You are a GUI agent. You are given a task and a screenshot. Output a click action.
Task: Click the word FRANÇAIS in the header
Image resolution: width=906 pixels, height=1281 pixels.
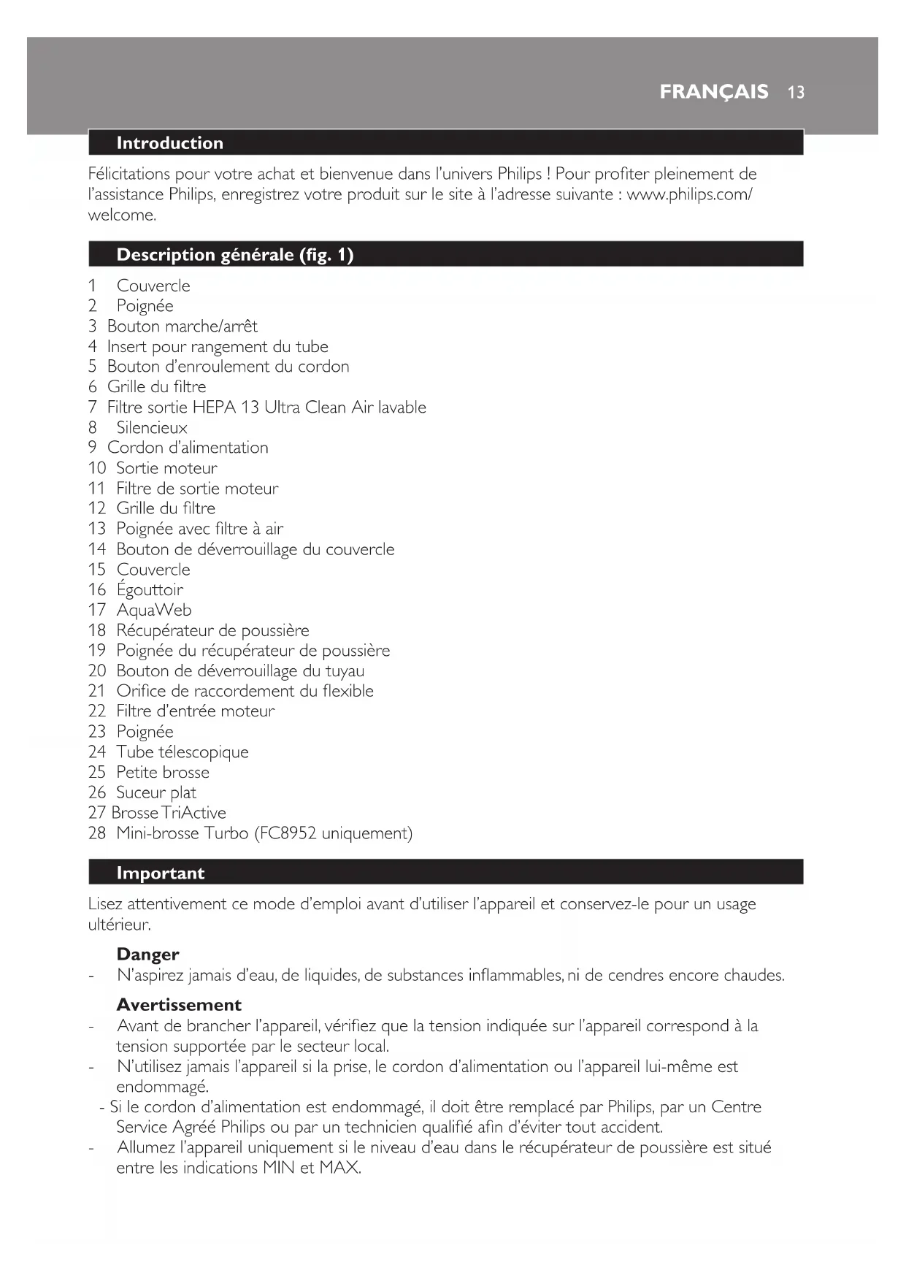point(713,91)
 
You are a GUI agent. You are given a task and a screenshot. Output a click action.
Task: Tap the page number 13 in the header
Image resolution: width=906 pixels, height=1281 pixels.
point(796,92)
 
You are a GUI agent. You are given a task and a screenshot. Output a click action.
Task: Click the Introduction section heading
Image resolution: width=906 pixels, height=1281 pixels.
point(169,143)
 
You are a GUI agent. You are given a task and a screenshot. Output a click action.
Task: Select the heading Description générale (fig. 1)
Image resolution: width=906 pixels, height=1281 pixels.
point(234,255)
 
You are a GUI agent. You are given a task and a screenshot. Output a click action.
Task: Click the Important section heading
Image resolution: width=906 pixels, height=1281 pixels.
point(160,873)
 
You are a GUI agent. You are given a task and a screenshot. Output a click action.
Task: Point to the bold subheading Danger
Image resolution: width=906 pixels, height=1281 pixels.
point(147,955)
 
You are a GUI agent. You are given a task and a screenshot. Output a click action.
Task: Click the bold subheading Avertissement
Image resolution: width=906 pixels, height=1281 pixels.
point(179,1005)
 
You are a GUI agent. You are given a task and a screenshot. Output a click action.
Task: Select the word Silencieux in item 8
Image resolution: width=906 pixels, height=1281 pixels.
point(152,428)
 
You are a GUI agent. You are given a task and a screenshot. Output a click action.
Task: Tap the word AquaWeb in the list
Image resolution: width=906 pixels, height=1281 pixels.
point(154,610)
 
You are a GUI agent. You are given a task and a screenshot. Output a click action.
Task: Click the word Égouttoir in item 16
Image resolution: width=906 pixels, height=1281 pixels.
point(150,589)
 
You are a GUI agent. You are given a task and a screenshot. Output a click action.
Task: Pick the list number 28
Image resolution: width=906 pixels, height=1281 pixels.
point(97,833)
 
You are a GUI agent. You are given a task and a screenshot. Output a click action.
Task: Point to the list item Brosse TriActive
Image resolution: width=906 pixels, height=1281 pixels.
point(169,813)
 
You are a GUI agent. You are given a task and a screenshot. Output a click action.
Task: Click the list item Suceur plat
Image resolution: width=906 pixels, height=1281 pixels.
point(156,792)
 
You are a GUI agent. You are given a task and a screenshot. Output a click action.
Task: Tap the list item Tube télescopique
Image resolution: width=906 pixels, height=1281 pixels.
point(183,752)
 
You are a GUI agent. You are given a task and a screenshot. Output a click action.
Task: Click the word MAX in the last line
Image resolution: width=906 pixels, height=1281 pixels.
point(339,1168)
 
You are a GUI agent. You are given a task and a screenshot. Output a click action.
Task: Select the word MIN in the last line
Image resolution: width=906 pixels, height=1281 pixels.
point(279,1168)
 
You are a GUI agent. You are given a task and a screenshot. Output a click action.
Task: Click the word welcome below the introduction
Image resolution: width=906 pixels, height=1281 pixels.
point(121,215)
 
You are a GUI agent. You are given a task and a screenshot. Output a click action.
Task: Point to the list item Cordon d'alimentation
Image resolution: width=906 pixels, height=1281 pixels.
point(188,448)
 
